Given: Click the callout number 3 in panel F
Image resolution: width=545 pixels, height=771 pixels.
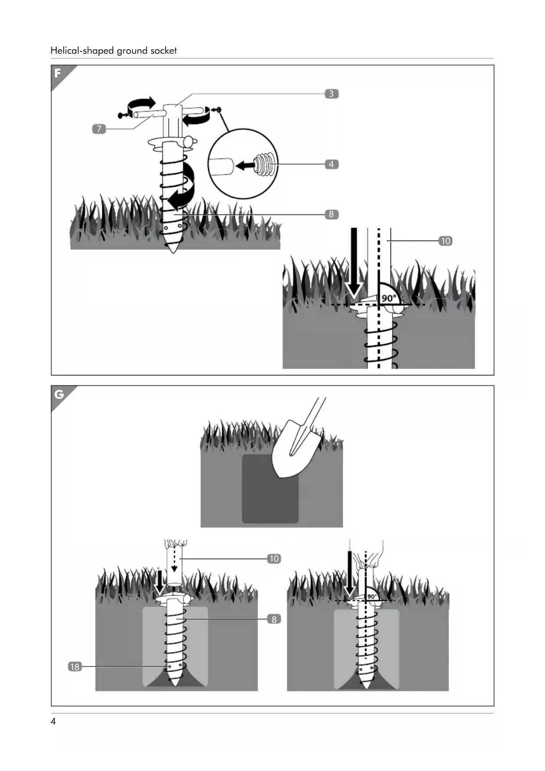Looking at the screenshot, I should click(x=331, y=94).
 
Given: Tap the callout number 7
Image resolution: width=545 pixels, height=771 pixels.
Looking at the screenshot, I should click(x=99, y=129).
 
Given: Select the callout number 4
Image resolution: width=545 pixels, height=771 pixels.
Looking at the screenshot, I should click(x=331, y=164).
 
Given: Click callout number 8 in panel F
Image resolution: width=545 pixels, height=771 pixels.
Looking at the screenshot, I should click(x=331, y=215).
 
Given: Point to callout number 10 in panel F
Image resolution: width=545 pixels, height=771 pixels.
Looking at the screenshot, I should click(x=445, y=241).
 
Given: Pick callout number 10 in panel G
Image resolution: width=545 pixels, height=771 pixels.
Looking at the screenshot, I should click(x=274, y=559).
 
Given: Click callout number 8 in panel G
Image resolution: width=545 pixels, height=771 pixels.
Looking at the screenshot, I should click(x=274, y=619).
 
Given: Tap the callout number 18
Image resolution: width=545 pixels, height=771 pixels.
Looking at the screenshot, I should click(x=75, y=667).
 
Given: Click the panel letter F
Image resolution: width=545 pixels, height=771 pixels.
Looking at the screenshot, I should click(x=58, y=73).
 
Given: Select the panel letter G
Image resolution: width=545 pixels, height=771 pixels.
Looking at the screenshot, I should click(x=58, y=394).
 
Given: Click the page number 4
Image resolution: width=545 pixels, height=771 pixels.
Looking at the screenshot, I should click(x=53, y=721).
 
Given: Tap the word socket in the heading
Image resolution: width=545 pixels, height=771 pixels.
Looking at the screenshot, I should click(x=163, y=51).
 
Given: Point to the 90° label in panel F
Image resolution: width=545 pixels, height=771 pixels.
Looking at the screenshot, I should click(x=389, y=298).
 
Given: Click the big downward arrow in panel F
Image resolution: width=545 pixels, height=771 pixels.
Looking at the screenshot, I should click(x=354, y=264).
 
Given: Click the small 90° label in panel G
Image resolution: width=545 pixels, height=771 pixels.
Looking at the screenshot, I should click(x=372, y=596).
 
